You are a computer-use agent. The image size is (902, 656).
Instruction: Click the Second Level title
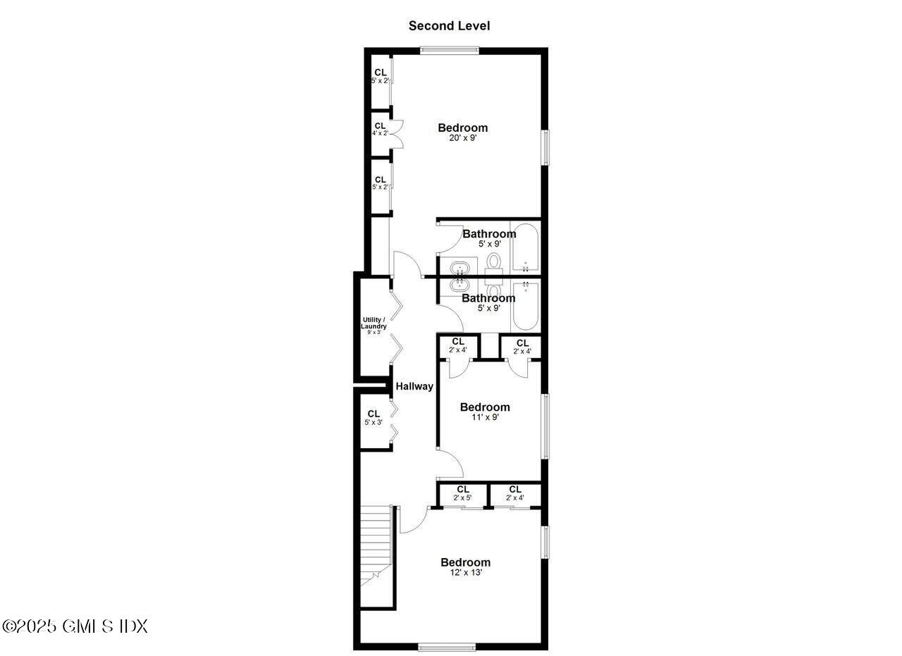tap(449, 26)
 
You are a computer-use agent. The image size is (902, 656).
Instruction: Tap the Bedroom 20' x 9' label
tap(462, 132)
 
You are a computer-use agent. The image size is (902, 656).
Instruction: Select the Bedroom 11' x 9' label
tap(484, 411)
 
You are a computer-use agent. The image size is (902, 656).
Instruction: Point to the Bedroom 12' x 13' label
tap(465, 567)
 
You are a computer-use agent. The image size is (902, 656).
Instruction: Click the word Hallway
tap(414, 386)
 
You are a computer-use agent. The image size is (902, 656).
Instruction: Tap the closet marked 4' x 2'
tap(380, 129)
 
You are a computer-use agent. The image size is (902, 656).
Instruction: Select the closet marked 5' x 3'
tap(373, 417)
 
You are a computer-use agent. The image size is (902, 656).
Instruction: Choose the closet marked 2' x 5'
tap(462, 493)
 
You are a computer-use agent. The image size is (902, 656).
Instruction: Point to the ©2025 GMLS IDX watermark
tap(75, 626)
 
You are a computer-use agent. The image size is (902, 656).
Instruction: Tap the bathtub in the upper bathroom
tap(525, 248)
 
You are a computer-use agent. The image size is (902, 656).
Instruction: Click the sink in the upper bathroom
tap(460, 268)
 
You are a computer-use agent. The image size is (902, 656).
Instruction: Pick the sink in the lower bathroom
tap(460, 285)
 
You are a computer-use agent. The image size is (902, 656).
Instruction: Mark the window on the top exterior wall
tap(449, 50)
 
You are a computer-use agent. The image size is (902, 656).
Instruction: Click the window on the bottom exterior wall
tap(447, 647)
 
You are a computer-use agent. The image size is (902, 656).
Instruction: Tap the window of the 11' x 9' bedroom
tap(545, 426)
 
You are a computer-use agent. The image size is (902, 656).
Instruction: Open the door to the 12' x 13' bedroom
tap(413, 520)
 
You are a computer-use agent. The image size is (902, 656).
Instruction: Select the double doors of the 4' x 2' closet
tap(397, 133)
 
